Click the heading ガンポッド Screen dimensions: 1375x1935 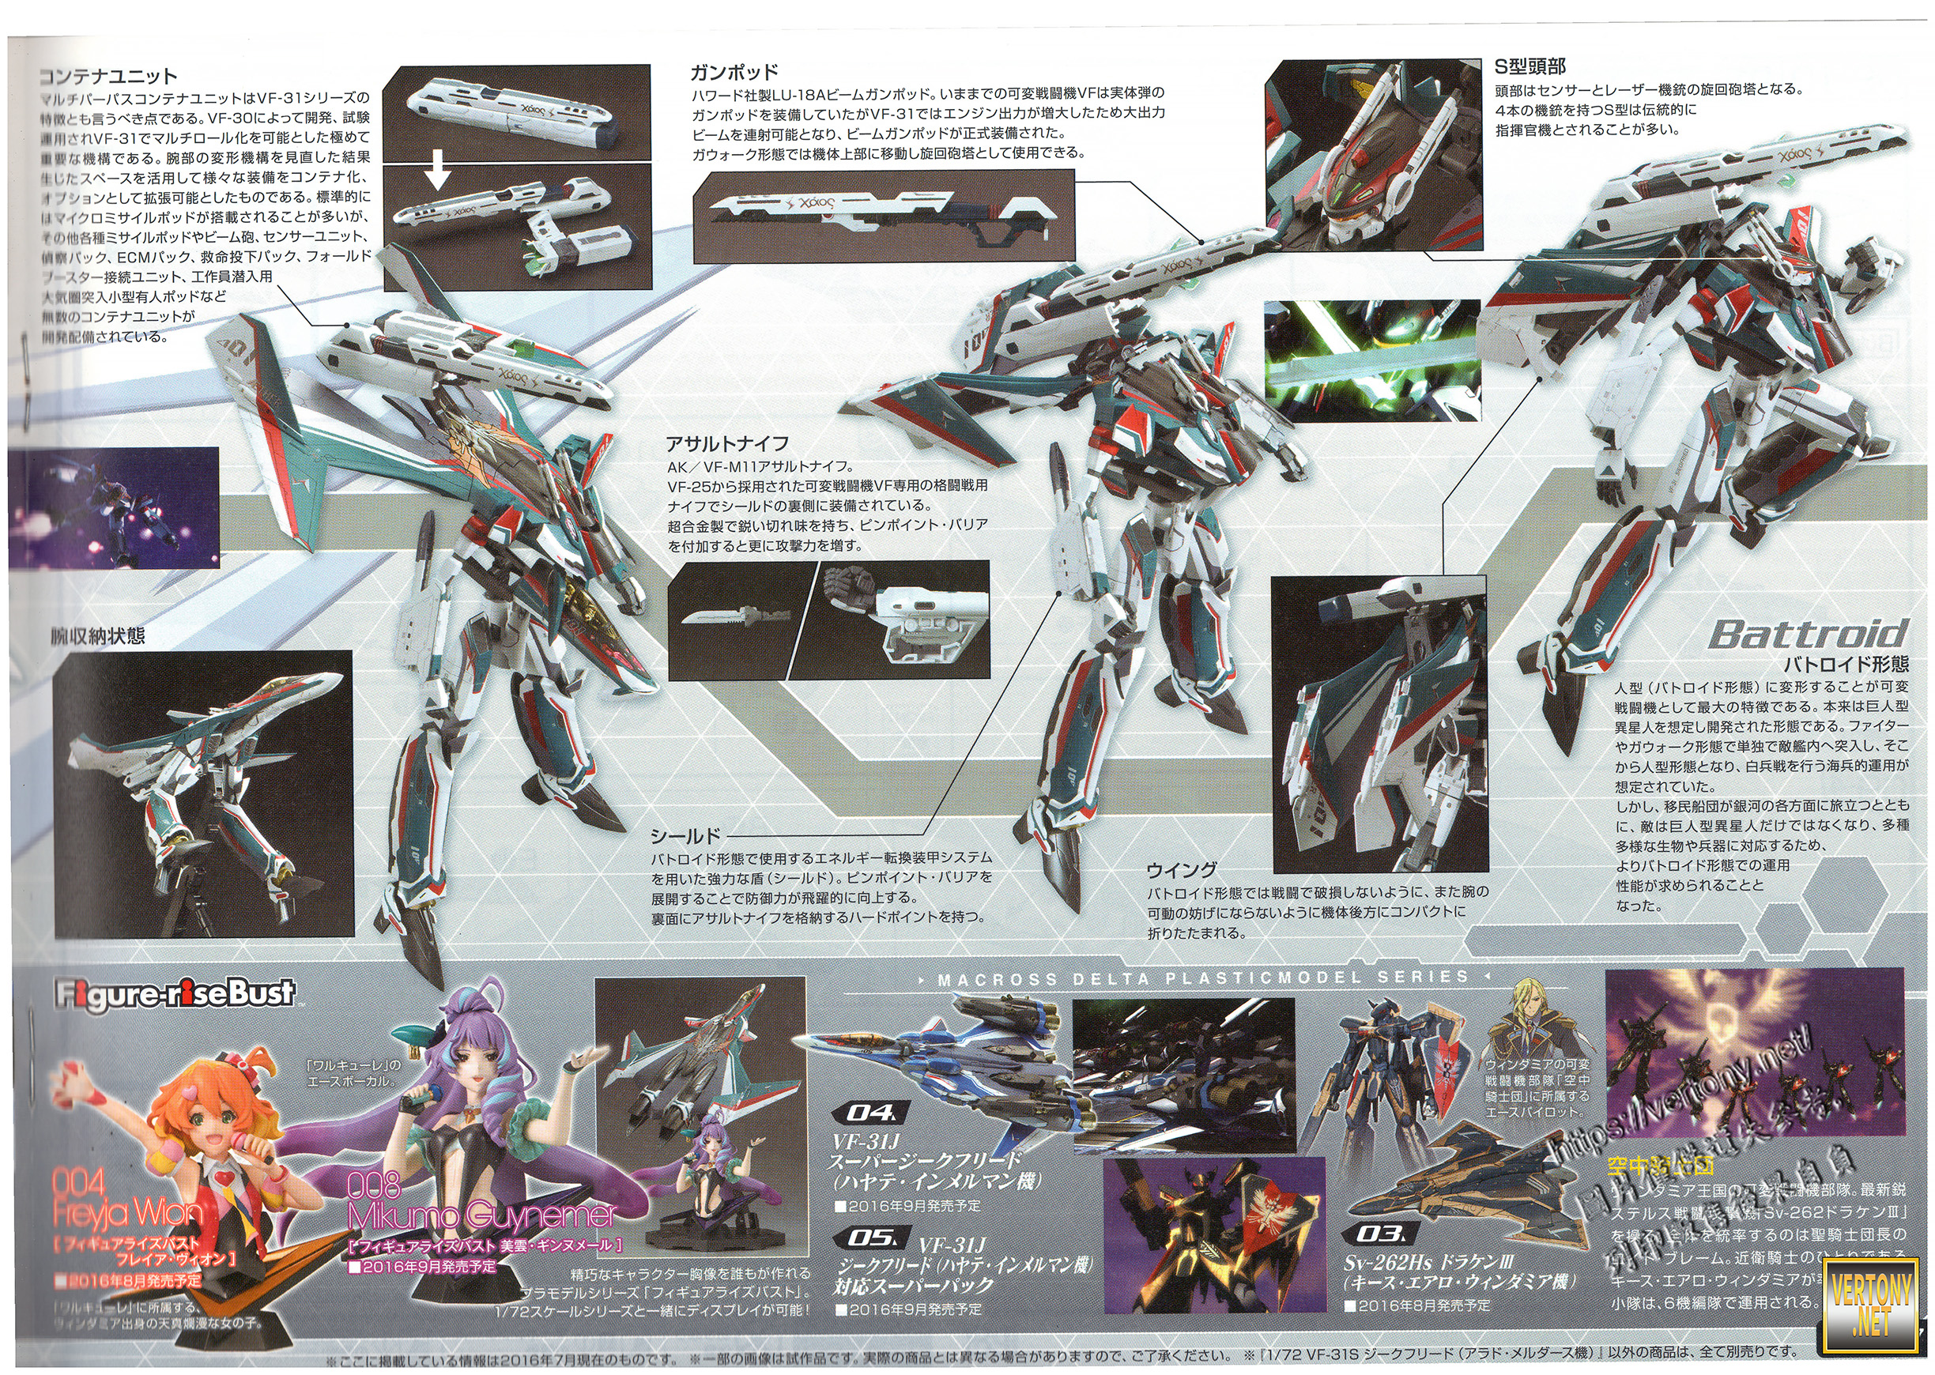pos(734,72)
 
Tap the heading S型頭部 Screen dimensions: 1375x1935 pos(1530,66)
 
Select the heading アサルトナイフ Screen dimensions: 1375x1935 pos(726,443)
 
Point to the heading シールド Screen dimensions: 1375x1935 pos(685,837)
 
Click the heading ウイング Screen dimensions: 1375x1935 pos(1182,869)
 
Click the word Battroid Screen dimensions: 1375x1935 pos(1808,633)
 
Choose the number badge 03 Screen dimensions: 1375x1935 pos(1379,1234)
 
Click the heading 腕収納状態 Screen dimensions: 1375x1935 pos(97,636)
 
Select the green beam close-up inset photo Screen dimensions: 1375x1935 pos(1372,360)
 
